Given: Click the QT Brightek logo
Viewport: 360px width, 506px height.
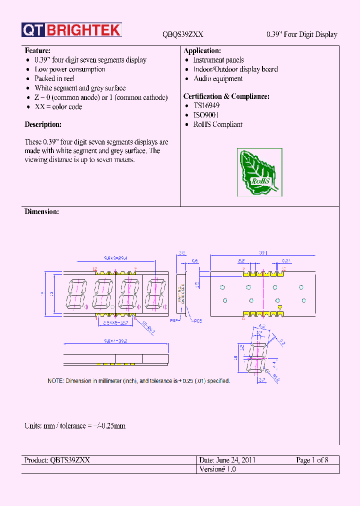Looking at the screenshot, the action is tap(71, 30).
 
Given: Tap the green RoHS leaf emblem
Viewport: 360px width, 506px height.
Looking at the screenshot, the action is tap(259, 172).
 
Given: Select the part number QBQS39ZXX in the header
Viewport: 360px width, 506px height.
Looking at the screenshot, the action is tap(183, 34).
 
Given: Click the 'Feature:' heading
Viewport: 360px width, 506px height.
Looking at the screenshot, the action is tap(37, 51).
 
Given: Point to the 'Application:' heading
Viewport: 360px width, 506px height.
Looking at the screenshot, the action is tap(202, 51).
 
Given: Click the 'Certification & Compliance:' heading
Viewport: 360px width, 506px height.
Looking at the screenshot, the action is tap(226, 96).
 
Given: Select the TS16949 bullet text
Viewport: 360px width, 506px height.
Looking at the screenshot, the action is tap(206, 106).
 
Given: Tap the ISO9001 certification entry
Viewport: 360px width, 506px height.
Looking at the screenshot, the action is tap(206, 115).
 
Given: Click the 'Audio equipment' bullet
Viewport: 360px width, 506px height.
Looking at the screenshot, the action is tap(218, 78).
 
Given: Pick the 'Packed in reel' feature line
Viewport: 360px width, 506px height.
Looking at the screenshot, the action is tap(54, 78).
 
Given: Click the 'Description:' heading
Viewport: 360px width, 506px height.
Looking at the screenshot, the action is tap(43, 124).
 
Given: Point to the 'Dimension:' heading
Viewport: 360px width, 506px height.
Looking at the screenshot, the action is tap(42, 212).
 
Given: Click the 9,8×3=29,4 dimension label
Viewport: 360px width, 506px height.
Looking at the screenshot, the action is tap(115, 258).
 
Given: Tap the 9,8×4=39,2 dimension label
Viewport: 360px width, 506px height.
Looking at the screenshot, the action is tap(115, 341).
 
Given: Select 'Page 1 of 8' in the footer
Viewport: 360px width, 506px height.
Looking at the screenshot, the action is tap(312, 460).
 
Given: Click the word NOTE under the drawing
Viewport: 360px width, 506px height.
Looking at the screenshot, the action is tap(55, 381).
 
